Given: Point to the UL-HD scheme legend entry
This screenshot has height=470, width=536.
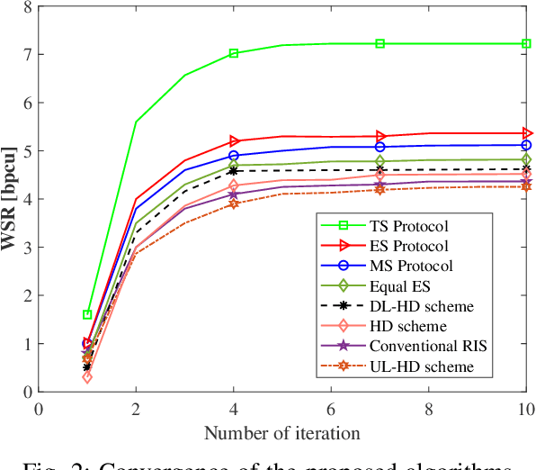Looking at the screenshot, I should pos(416,366).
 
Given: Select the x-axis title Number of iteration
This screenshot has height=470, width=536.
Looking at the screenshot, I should pos(281,433).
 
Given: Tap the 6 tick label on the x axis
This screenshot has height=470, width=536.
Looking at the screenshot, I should pos(331,408).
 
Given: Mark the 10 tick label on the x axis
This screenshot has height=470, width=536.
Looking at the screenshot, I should pos(525,408).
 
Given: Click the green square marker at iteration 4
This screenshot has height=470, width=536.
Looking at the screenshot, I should pos(234,53).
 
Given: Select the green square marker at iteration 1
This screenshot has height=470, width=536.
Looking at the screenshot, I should pos(87,314).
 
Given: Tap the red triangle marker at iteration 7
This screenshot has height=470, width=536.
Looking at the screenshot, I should pos(380,136).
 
